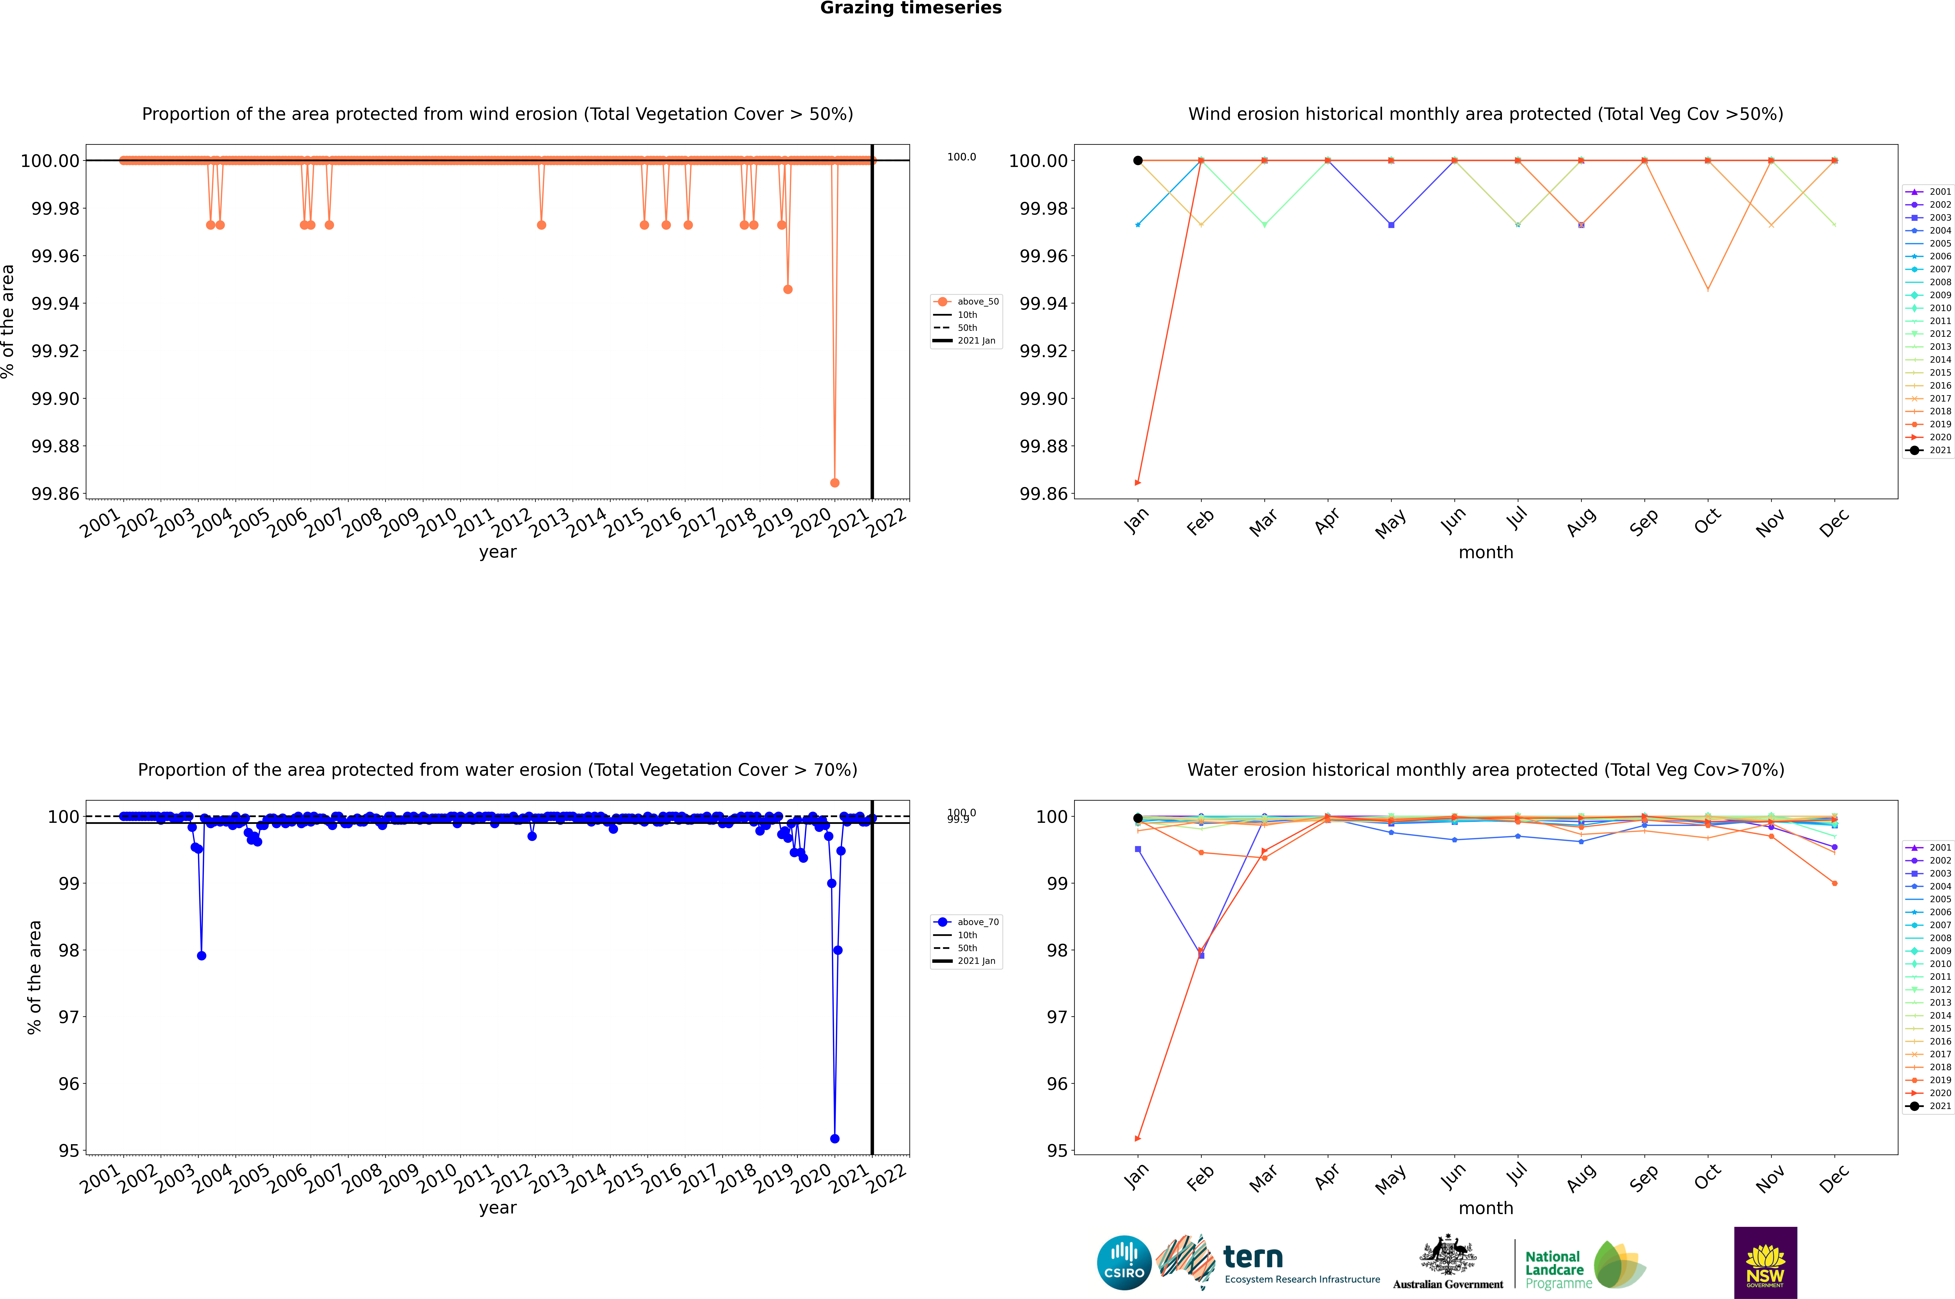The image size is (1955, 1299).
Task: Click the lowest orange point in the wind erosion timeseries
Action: pos(835,482)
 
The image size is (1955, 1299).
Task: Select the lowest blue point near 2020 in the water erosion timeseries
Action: pos(835,1138)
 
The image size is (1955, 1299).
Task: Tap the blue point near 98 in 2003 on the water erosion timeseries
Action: pos(201,955)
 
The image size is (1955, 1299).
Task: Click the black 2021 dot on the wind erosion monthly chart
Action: pos(1138,161)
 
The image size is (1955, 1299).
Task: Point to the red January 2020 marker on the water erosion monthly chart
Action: pos(1138,1138)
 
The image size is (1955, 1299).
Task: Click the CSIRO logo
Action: pos(1124,1263)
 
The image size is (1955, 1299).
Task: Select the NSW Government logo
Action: pos(1765,1263)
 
